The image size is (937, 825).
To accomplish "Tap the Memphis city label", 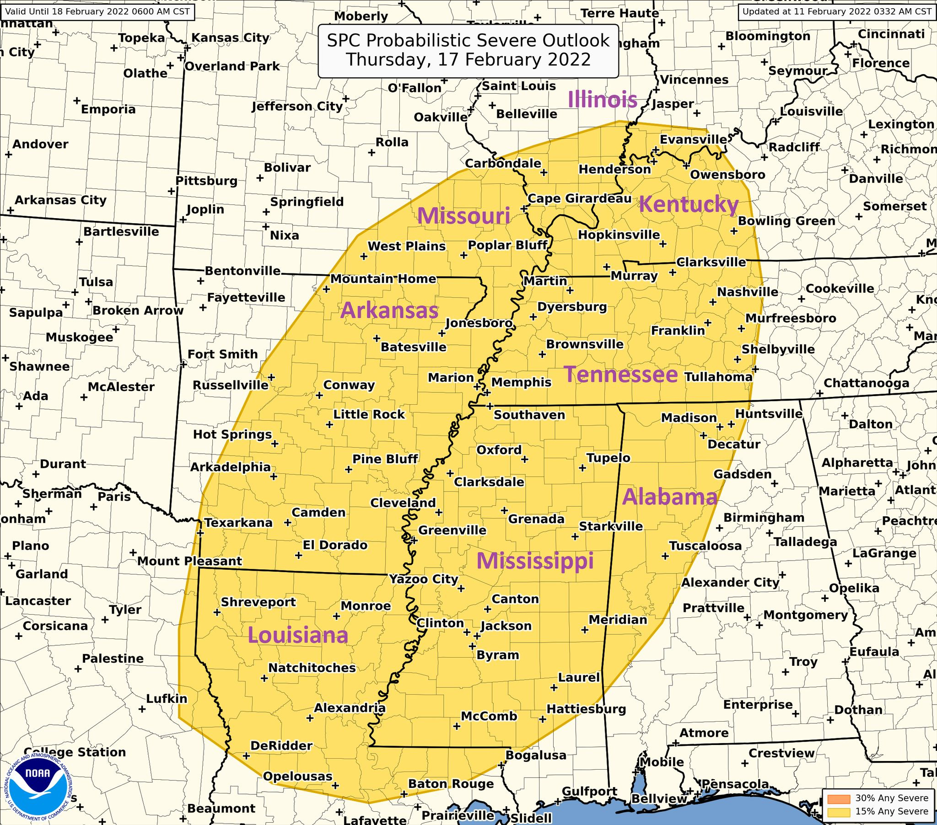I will (521, 382).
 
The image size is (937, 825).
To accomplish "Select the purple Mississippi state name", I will (535, 561).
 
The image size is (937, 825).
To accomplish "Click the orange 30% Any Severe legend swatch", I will (838, 798).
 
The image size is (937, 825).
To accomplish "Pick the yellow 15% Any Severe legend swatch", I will (838, 811).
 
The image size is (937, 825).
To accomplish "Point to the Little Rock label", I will (369, 414).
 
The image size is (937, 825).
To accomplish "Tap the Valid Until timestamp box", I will (97, 11).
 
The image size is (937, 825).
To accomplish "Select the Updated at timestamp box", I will (837, 11).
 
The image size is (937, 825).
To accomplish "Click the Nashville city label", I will (747, 292).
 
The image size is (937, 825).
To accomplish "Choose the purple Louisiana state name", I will (298, 635).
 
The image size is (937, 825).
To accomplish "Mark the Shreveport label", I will (258, 602).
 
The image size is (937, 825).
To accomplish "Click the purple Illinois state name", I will (603, 99).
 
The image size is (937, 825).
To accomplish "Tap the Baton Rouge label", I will (451, 784).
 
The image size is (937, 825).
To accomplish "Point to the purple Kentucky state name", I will (689, 204).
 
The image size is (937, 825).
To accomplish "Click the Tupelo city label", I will (609, 457).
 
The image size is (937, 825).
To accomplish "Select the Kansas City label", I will (230, 37).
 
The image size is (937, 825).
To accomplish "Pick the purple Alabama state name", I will (669, 497).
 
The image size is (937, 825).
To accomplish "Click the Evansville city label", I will (693, 139).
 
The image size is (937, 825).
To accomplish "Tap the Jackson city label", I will (506, 626).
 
